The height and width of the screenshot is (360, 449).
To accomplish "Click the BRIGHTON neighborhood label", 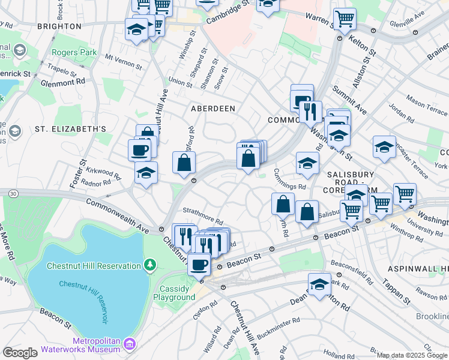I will click(59, 26).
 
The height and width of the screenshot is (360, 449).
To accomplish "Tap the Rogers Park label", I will click(74, 53).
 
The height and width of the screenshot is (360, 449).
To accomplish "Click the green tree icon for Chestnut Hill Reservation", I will click(149, 265).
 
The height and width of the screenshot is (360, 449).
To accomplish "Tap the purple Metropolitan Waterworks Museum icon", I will click(129, 344).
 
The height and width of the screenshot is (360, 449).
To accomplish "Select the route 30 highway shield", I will click(13, 192).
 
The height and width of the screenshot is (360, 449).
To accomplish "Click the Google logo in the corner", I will click(20, 353).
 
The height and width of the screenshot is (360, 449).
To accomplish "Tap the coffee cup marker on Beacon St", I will click(199, 263).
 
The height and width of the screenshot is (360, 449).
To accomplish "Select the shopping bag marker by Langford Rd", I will click(184, 162).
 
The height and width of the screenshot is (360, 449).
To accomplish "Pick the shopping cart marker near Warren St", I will click(345, 19).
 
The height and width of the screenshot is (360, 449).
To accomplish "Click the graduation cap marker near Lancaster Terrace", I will click(384, 146).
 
